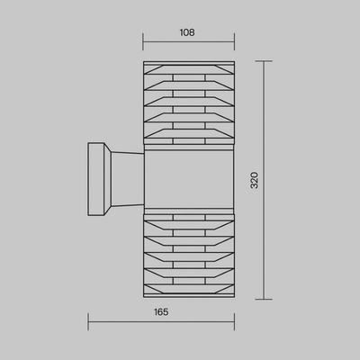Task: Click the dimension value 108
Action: tap(187, 32)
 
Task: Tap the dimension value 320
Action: tap(255, 180)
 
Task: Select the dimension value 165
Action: tap(161, 312)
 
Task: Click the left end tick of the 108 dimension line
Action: tap(143, 41)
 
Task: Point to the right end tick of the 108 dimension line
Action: tap(234, 41)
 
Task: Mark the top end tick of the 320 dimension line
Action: tap(264, 61)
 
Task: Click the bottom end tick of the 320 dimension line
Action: tap(264, 299)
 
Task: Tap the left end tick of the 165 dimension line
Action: tap(88, 322)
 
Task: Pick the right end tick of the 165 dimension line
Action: tap(234, 322)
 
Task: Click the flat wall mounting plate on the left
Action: tap(96, 179)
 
